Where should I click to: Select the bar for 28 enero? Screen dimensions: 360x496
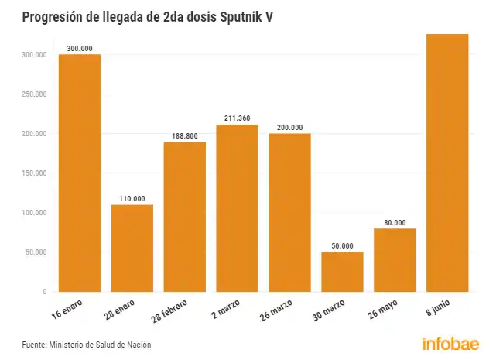point(132,248)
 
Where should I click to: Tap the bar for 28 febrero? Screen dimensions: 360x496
point(185,217)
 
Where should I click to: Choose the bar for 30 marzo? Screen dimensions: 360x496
point(342,272)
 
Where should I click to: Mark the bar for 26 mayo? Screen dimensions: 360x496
point(395,260)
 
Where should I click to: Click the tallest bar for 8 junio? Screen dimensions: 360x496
point(447,163)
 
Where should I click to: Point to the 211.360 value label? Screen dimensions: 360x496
point(237,118)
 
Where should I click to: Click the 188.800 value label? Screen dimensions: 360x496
point(185,136)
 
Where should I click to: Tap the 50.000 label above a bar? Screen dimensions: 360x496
point(342,246)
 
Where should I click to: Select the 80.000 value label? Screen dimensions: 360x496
point(395,223)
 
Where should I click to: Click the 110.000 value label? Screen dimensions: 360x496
point(132,199)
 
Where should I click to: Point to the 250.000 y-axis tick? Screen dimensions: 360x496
point(34,94)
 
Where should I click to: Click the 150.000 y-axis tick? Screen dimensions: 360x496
point(34,173)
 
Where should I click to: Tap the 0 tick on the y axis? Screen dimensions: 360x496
point(45,292)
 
